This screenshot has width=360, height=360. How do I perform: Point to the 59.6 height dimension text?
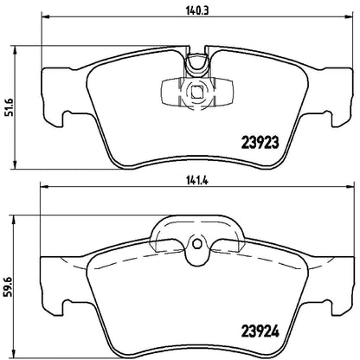pos(8,282)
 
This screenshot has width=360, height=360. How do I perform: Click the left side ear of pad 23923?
pos(50,108)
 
